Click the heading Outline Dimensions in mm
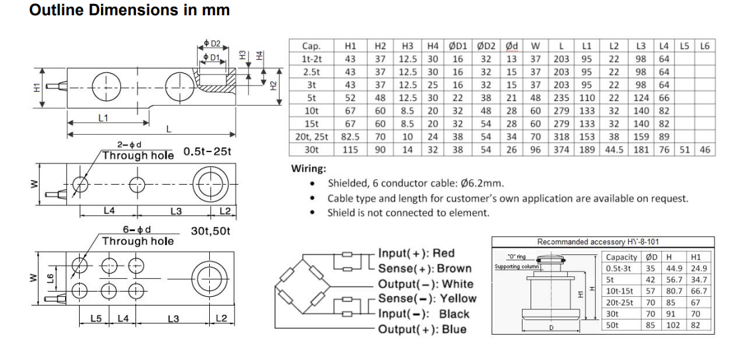click(130, 11)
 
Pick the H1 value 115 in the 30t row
click(350, 149)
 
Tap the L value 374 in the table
click(562, 149)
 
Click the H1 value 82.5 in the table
click(350, 137)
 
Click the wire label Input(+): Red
click(416, 253)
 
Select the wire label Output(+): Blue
click(422, 329)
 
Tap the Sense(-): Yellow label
click(427, 299)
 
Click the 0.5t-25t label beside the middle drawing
click(207, 154)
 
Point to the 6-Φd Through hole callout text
click(137, 236)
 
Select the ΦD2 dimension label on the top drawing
click(210, 45)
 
